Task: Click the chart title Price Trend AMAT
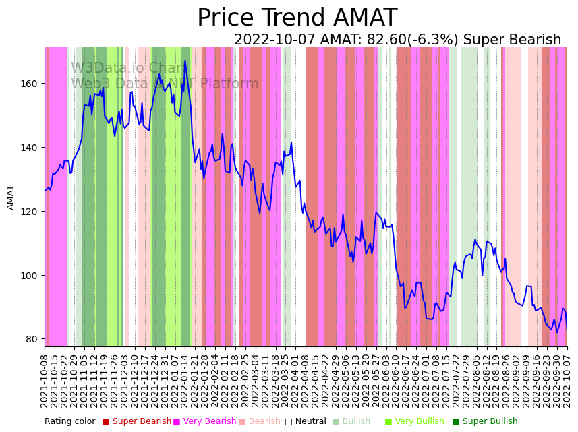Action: coord(297,18)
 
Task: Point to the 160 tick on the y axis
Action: coord(30,84)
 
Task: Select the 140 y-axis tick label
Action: coord(30,148)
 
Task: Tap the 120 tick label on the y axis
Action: coord(30,212)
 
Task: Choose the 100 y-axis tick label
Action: coord(30,276)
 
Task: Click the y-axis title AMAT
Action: coord(11,197)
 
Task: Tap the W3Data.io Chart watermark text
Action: coord(128,69)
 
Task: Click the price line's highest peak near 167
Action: coord(185,61)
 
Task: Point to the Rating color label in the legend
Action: coord(70,422)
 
